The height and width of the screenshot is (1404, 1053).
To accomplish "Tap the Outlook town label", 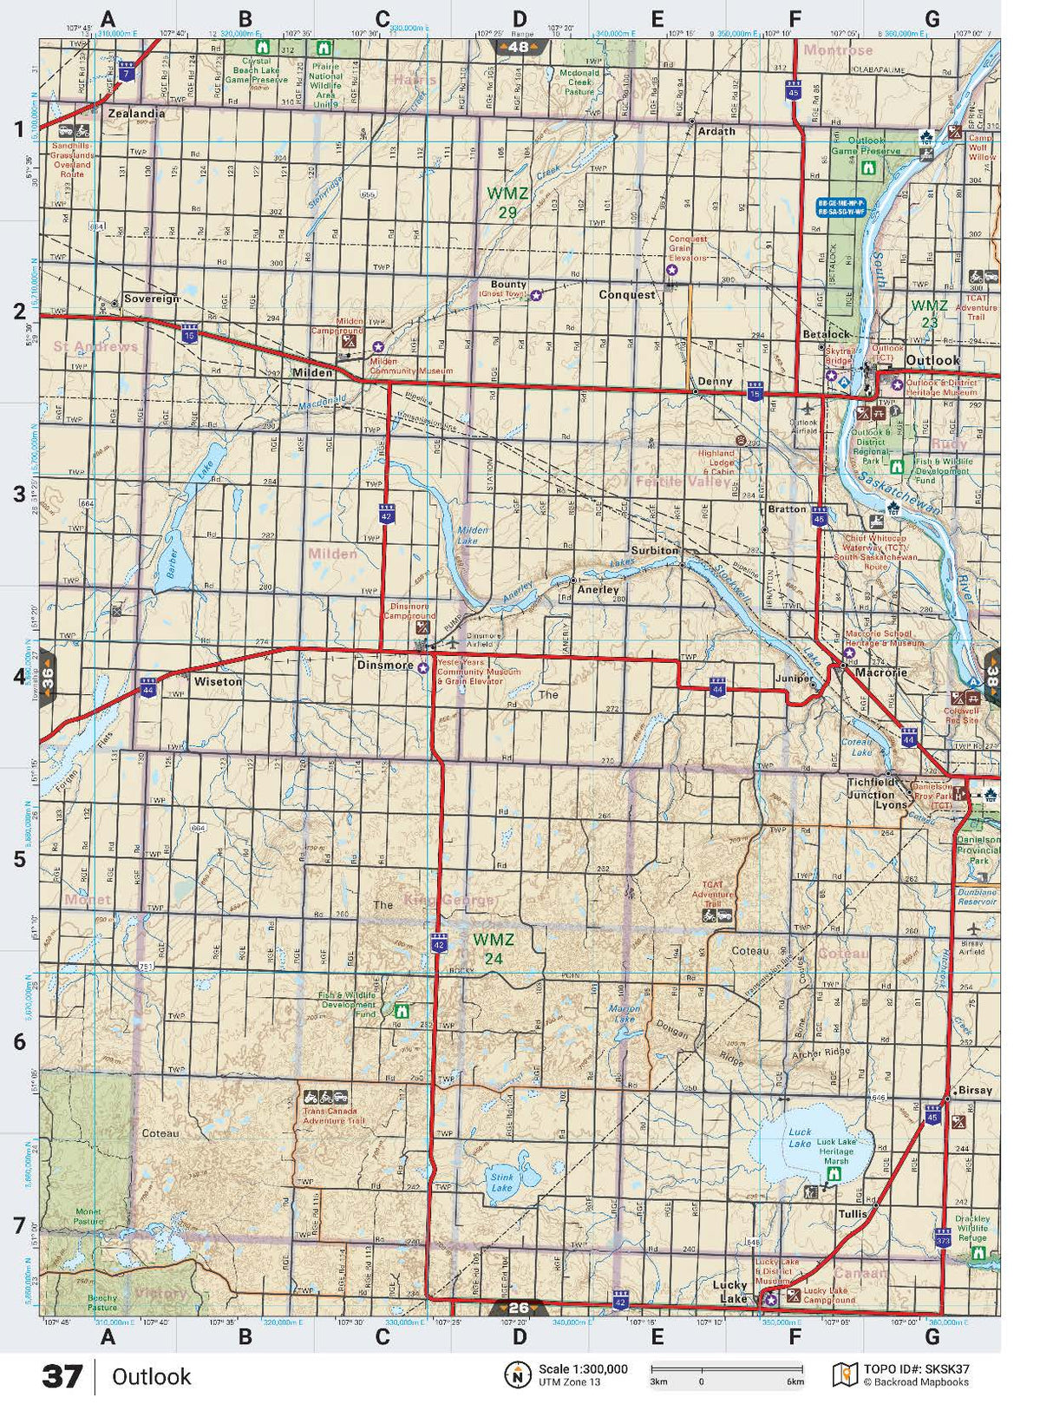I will point(932,360).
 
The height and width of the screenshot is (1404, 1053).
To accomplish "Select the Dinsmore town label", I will point(385,666).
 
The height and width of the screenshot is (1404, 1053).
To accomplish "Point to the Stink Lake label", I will point(502,1181).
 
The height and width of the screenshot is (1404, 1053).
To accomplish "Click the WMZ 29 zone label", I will point(501,201).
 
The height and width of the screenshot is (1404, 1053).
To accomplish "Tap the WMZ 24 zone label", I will point(494,948).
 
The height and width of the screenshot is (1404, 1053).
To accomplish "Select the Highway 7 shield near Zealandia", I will point(128,72).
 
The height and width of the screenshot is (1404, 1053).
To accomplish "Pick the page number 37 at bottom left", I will point(62,1377).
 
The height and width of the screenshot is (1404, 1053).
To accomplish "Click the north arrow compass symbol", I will point(518,1374).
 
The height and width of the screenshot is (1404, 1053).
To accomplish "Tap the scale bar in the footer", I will point(727,1368).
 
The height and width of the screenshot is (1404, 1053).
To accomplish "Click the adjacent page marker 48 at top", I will point(519,47).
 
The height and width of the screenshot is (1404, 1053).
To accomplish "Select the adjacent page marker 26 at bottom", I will point(518,1308).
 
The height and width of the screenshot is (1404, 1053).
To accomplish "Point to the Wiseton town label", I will point(218,682).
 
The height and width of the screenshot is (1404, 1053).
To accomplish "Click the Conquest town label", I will point(627,295).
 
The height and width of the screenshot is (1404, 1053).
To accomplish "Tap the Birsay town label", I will point(975,1091).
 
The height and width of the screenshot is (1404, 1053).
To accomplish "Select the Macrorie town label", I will point(881,672).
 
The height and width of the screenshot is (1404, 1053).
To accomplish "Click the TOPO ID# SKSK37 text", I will point(917,1369).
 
